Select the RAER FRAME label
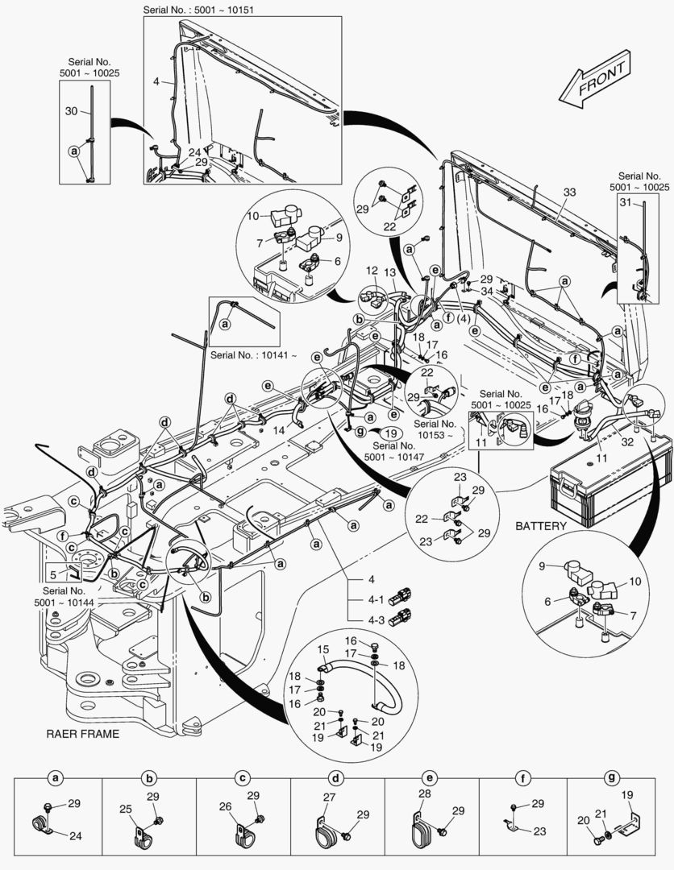[x=82, y=734]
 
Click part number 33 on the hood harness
[x=569, y=193]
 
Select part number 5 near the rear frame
[x=53, y=574]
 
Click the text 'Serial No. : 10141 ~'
[x=253, y=354]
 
